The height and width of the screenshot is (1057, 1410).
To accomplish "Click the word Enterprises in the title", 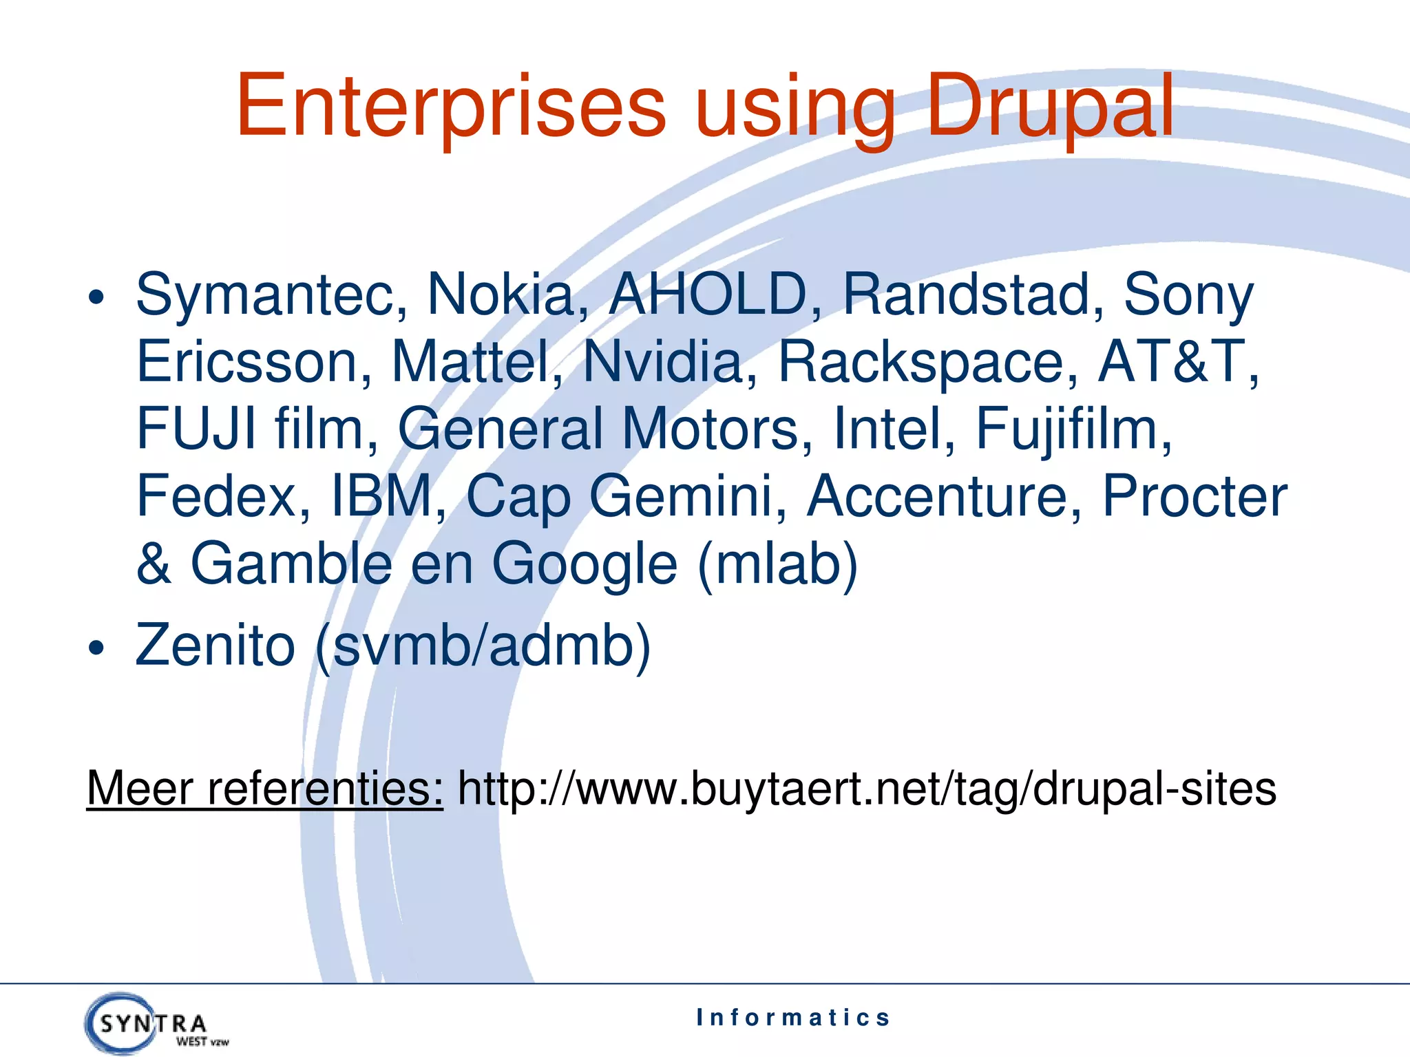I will tap(451, 107).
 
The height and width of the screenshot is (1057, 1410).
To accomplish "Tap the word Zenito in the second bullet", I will tap(215, 645).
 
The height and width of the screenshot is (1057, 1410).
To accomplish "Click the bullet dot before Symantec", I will tap(96, 298).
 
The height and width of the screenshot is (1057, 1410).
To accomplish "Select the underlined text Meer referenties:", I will tap(265, 789).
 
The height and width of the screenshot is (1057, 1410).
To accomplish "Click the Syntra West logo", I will tap(155, 1023).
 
